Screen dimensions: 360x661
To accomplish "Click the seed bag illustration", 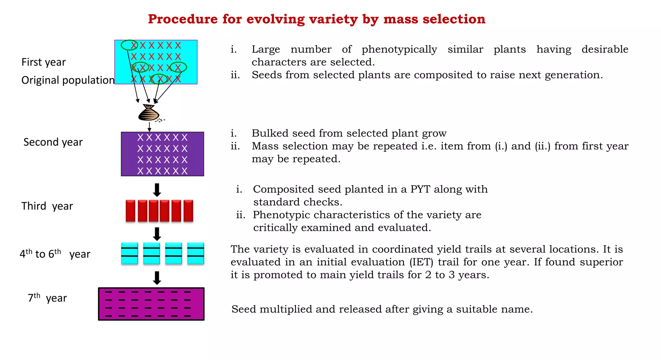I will pos(148,113).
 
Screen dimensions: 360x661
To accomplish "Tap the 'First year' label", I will pos(44,62).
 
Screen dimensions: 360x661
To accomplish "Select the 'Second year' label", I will pos(53,142).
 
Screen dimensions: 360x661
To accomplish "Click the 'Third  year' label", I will pos(47,206).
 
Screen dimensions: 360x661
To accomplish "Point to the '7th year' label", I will pos(47,298).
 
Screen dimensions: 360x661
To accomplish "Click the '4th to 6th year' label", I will pos(55,254).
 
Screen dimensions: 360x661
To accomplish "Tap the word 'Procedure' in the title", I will pos(183,19).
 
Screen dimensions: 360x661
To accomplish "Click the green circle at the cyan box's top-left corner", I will pos(129,45).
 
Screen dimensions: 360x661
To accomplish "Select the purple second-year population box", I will pos(162,154).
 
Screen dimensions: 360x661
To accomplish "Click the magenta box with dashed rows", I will pos(151,304).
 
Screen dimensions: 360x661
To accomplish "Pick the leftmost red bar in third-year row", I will pos(130,211).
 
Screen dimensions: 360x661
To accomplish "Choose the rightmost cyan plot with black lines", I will pos(196,253).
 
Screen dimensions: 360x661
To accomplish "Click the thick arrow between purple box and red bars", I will pos(157,190).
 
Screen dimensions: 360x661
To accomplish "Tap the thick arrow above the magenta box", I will pos(157,278).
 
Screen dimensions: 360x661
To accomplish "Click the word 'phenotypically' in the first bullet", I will pos(399,49).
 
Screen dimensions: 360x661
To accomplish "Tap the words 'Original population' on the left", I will pos(68,80).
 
